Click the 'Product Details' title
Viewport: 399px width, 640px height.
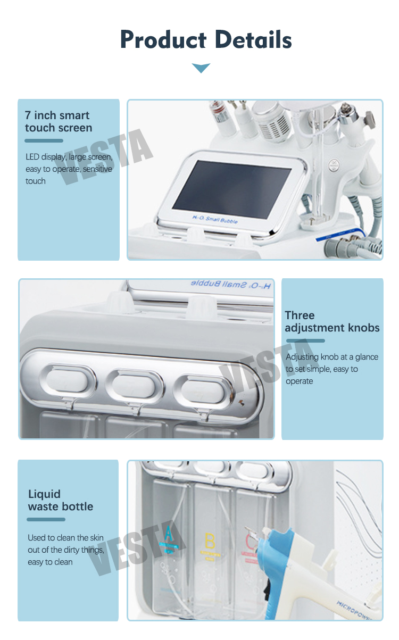206,40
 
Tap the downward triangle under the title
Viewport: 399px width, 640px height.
201,68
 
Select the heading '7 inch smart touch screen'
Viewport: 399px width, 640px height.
59,122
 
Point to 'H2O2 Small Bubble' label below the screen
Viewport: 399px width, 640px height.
214,220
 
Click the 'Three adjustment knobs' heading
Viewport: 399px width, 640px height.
332,321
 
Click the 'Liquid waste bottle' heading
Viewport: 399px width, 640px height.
60,500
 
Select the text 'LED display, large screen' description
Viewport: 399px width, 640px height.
69,157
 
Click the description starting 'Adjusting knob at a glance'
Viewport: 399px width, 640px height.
331,357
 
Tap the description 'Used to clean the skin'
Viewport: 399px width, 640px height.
65,538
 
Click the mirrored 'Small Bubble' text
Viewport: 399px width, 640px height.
230,285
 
